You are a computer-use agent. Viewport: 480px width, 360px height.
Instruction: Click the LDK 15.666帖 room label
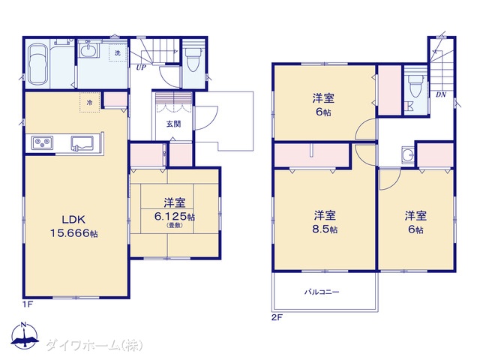click(74, 226)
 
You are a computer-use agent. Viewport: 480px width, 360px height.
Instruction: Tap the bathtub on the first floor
click(37, 65)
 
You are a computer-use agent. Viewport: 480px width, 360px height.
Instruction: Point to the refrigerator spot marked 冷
click(90, 102)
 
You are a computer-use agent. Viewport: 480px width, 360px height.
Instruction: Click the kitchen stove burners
click(43, 142)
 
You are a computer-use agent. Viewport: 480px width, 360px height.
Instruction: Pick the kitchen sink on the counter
click(82, 143)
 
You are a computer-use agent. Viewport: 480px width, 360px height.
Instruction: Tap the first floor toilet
click(193, 59)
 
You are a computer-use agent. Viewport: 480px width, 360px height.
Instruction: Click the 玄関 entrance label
click(173, 124)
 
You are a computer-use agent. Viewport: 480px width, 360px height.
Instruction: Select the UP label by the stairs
click(141, 67)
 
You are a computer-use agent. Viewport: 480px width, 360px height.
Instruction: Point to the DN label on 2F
click(441, 94)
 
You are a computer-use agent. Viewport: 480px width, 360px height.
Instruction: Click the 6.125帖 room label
click(175, 217)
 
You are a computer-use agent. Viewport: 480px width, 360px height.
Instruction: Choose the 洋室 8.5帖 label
click(325, 222)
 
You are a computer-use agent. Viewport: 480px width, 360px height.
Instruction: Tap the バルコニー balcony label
click(322, 292)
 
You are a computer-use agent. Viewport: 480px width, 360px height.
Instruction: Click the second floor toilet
click(416, 86)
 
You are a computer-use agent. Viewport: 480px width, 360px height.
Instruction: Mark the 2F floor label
click(277, 317)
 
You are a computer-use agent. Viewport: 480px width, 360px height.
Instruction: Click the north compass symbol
click(25, 335)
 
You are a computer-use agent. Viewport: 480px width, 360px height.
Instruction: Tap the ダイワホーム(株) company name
click(94, 345)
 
